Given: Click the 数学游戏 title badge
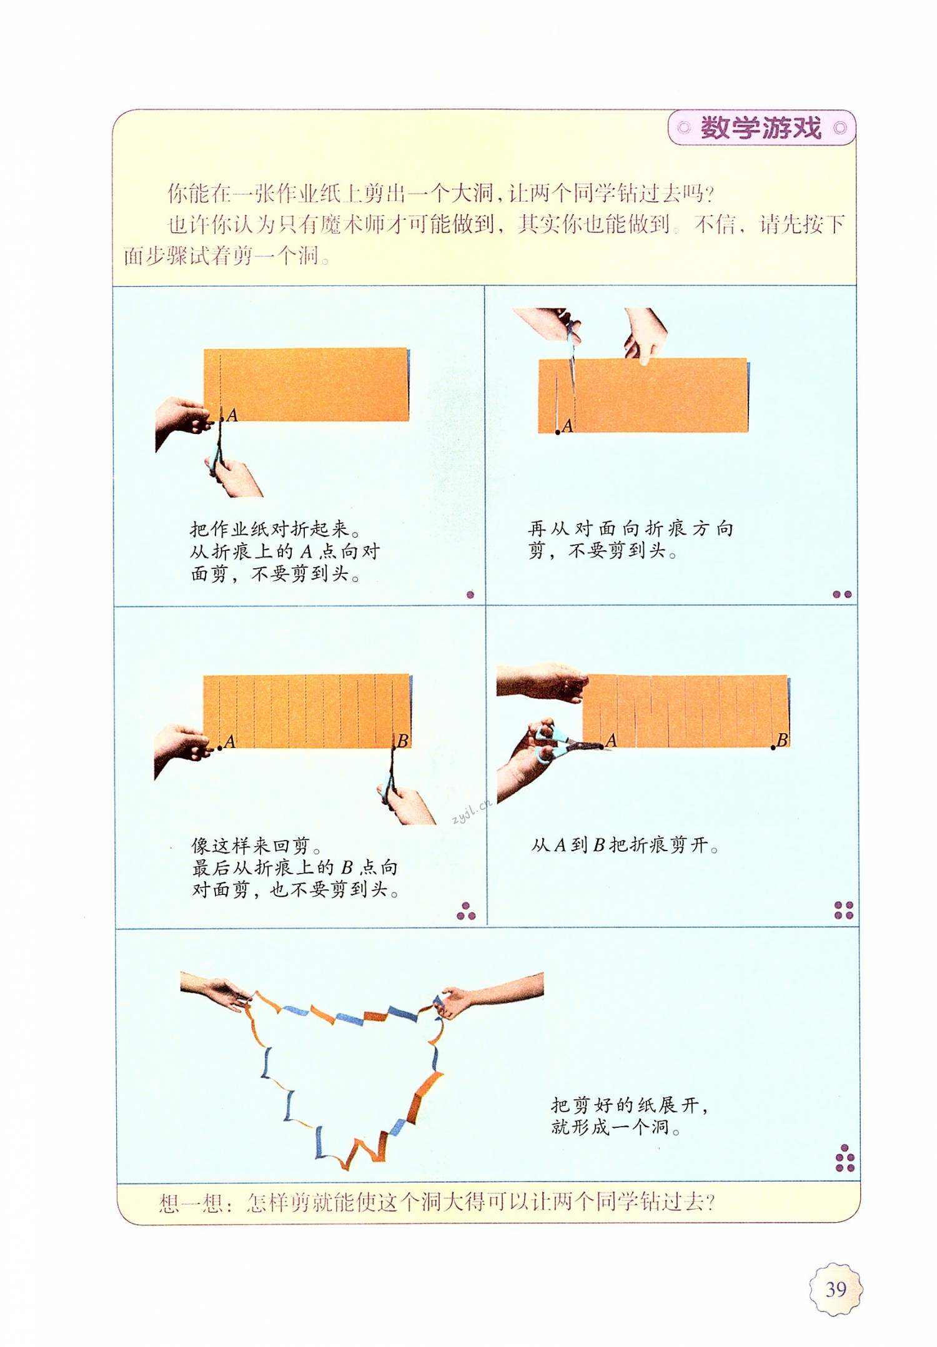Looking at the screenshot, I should (x=761, y=128).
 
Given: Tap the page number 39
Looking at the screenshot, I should (x=836, y=1288).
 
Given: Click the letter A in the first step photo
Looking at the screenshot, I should (x=232, y=415).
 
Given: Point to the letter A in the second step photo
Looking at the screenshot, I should (x=567, y=426).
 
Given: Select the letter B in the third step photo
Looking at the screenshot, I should (x=403, y=741).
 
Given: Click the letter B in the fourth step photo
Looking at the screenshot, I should (x=781, y=740).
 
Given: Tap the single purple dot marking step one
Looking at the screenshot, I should (x=470, y=595).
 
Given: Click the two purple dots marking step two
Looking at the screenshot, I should (x=841, y=595).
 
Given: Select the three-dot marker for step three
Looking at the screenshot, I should (x=466, y=912).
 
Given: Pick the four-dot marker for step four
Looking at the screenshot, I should (x=843, y=910).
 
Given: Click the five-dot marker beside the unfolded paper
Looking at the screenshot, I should (x=845, y=1158).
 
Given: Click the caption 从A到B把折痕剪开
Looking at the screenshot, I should (x=625, y=846).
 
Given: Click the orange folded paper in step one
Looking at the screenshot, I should (x=312, y=384).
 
